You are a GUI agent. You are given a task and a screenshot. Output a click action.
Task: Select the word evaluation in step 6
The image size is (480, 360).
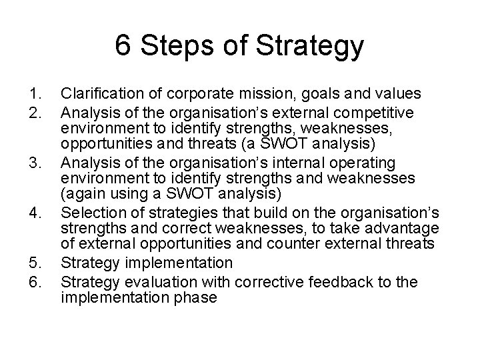pyautogui.click(x=149, y=282)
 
